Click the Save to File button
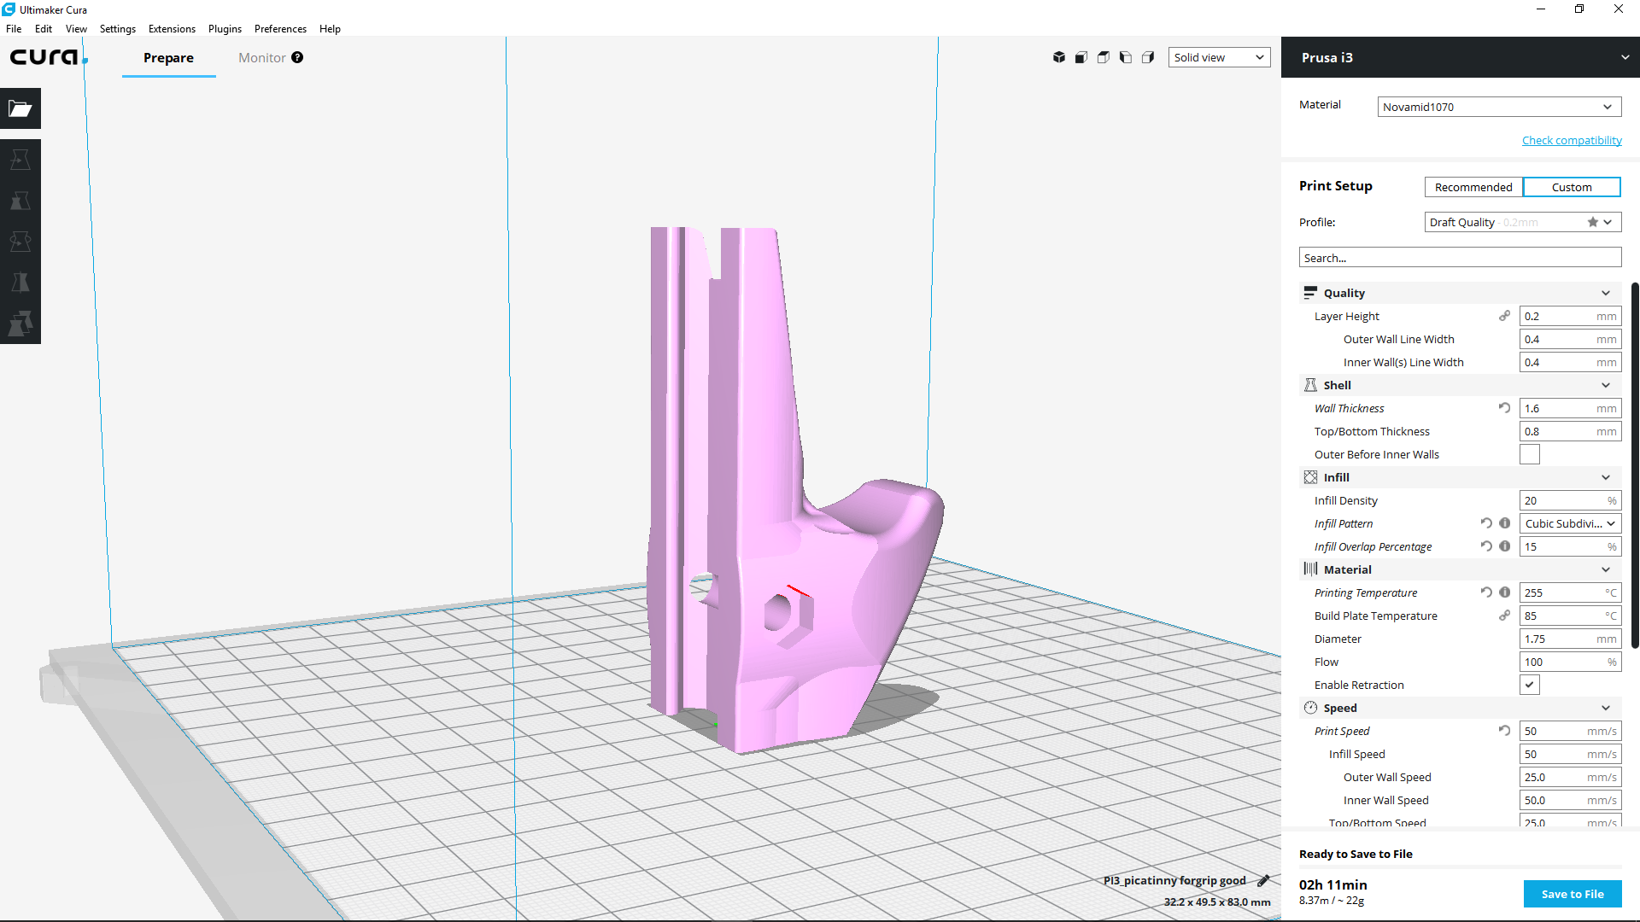click(x=1572, y=894)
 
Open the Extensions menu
click(x=172, y=29)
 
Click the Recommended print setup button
click(x=1473, y=187)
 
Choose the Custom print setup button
click(x=1572, y=187)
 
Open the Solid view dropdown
click(x=1219, y=57)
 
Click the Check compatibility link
click(x=1572, y=140)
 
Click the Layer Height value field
click(x=1570, y=317)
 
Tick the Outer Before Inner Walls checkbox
click(x=1530, y=454)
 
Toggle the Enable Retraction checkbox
click(x=1530, y=685)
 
